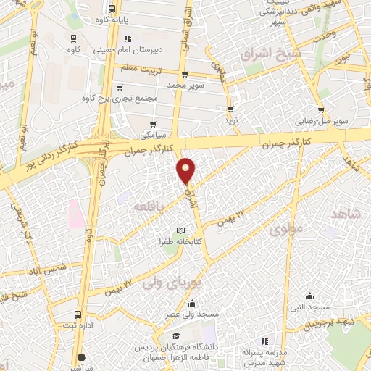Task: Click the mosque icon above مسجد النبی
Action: [310, 296]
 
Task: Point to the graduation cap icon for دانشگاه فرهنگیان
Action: [175, 337]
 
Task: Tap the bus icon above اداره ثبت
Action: [78, 314]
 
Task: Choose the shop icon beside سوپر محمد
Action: [185, 74]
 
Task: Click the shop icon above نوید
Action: [230, 109]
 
